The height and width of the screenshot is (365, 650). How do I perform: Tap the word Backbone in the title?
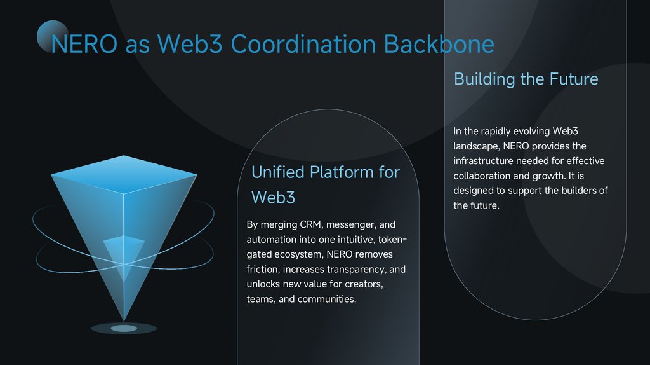[439, 44]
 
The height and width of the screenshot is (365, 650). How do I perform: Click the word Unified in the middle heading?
[278, 172]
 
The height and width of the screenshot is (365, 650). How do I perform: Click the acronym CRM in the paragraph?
[310, 224]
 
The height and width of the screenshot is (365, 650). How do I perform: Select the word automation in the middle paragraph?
[272, 240]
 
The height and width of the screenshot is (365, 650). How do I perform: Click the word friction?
[262, 270]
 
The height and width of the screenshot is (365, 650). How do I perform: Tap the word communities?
[327, 299]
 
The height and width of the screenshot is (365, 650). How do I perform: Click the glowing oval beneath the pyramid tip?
[124, 328]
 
